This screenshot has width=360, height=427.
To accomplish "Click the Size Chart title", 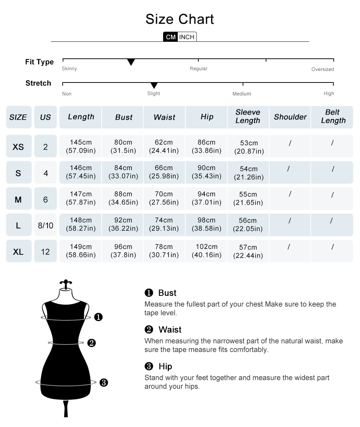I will tap(180, 19).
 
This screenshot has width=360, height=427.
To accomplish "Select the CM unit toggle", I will tap(171, 37).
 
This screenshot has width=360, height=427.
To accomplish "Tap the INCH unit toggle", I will tap(187, 37).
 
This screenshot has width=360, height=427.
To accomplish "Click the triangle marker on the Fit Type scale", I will tap(131, 62).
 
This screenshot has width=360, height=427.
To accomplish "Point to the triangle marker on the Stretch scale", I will tap(154, 86).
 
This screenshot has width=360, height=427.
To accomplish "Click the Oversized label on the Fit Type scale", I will tap(323, 69).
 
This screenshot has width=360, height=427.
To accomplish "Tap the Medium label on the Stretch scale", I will tap(242, 94).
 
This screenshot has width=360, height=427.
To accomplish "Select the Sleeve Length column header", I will tap(248, 117).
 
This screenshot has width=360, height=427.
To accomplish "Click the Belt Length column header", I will tap(333, 117).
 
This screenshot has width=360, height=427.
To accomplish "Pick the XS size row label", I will tap(18, 147).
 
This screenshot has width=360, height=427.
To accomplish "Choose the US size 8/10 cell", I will tap(45, 226).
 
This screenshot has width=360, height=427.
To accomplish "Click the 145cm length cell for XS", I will tap(81, 146).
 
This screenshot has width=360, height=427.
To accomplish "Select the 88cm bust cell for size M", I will tap(123, 199).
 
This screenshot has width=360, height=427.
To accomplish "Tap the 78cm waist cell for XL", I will tap(164, 251).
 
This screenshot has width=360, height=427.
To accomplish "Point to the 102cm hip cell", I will tap(207, 251).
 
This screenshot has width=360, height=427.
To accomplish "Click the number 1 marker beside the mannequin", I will tap(98, 317).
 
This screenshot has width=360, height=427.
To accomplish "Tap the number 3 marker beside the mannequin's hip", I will tap(104, 383).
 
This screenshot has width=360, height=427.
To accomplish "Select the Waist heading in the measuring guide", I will tap(170, 330).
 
